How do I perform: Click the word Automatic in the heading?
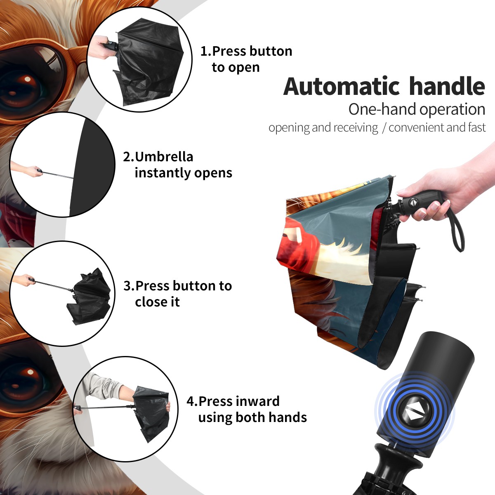tap(342, 86)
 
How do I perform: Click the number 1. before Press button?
tap(205, 51)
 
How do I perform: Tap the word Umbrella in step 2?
tap(164, 157)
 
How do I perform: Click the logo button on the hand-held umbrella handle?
tap(412, 202)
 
